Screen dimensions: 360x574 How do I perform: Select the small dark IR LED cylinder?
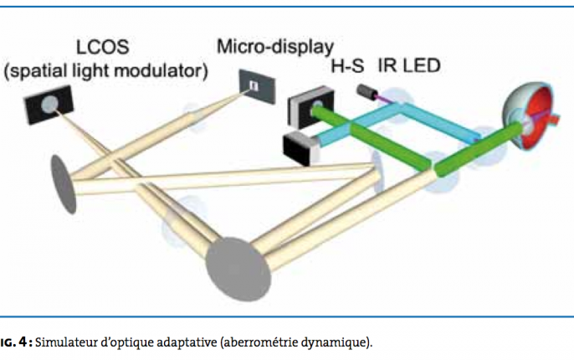tap(366, 90)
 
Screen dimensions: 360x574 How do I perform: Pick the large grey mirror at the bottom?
tap(235, 267)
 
